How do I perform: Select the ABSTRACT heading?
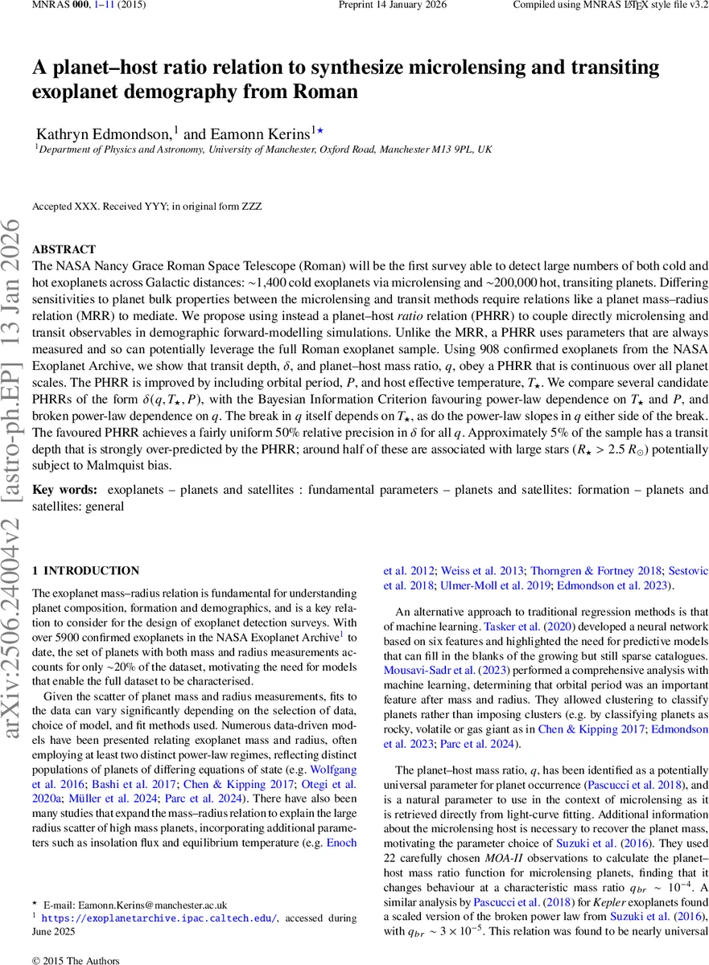click(x=64, y=250)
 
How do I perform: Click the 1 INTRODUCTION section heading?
click(x=85, y=571)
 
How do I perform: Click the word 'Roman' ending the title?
click(x=324, y=91)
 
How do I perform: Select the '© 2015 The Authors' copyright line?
click(x=75, y=960)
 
